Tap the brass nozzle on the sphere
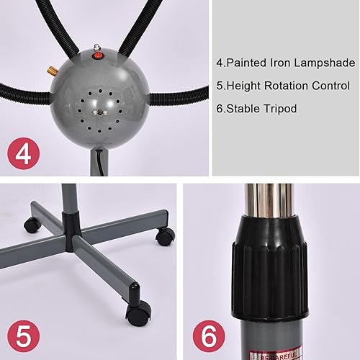click(x=53, y=71)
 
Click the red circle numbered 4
click(x=23, y=155)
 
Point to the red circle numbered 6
click(x=210, y=336)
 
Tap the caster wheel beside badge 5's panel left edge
click(x=32, y=225)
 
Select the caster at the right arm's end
click(x=165, y=236)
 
